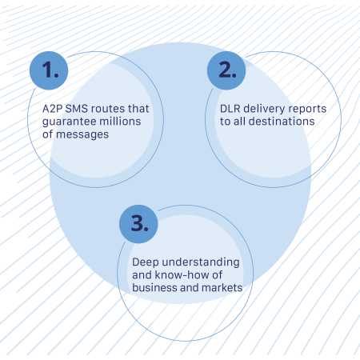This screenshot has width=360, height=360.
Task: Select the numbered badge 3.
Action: coord(139,224)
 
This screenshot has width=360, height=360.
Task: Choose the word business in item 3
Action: coord(153,288)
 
